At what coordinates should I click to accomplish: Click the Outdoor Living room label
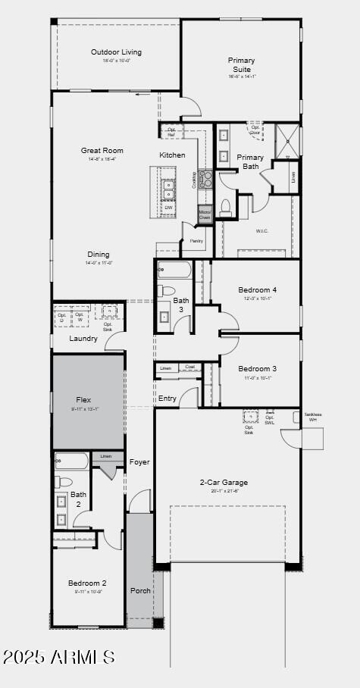click(x=116, y=52)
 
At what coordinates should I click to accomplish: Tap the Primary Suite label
click(x=242, y=64)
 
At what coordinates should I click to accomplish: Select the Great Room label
click(x=102, y=151)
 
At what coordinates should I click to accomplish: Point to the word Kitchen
click(x=172, y=155)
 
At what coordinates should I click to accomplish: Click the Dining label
click(x=99, y=255)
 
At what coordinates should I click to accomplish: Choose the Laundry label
click(x=83, y=339)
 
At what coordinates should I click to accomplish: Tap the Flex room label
click(x=83, y=399)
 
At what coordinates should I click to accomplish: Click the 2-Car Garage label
click(x=224, y=483)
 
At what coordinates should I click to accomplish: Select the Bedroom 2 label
click(x=87, y=583)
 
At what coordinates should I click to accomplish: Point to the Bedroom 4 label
click(x=258, y=289)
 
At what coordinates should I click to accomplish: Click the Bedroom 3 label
click(x=258, y=369)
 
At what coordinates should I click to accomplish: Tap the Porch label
click(x=141, y=590)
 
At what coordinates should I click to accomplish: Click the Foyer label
click(x=139, y=462)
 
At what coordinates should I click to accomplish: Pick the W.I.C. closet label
click(x=263, y=231)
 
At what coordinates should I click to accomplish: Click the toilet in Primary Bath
click(x=225, y=207)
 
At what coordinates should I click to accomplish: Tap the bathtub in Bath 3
click(x=176, y=271)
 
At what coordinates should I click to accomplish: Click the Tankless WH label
click(x=313, y=417)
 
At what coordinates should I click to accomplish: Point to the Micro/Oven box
click(x=205, y=215)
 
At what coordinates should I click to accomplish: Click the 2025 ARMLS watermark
click(x=59, y=657)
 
